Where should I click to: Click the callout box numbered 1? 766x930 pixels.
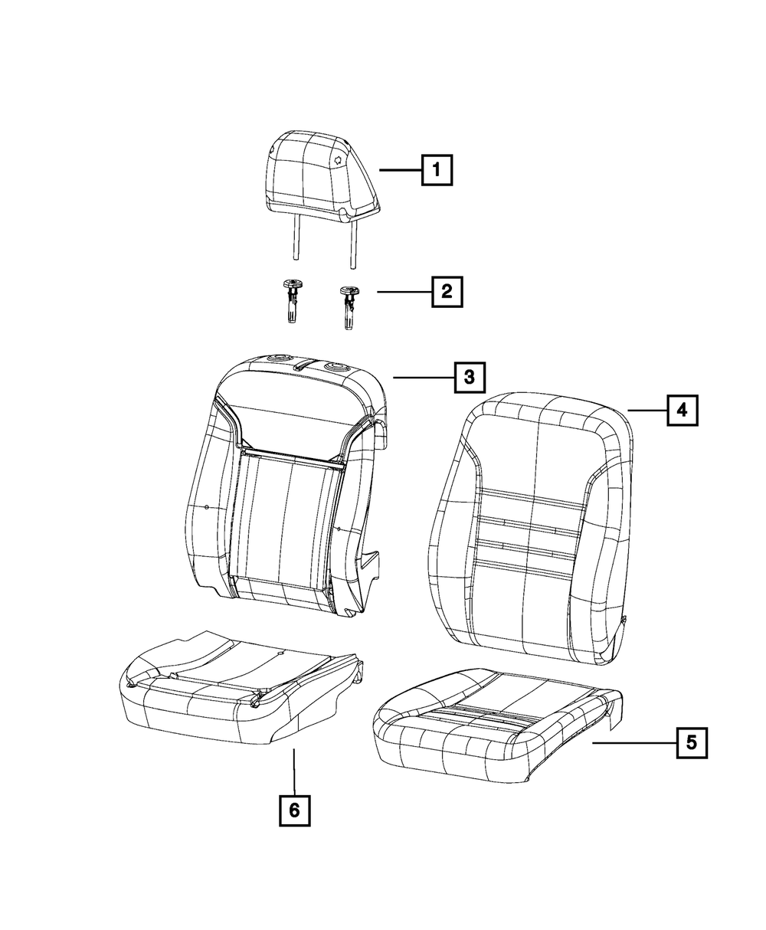pos(437,170)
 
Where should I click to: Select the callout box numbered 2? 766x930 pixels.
pos(447,292)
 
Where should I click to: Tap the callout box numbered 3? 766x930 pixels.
pos(470,377)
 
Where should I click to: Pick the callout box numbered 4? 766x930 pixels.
pos(683,410)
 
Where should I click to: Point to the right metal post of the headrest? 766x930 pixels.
pos(354,244)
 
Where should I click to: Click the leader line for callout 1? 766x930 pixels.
pos(401,170)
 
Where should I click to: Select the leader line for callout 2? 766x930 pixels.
pos(404,292)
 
